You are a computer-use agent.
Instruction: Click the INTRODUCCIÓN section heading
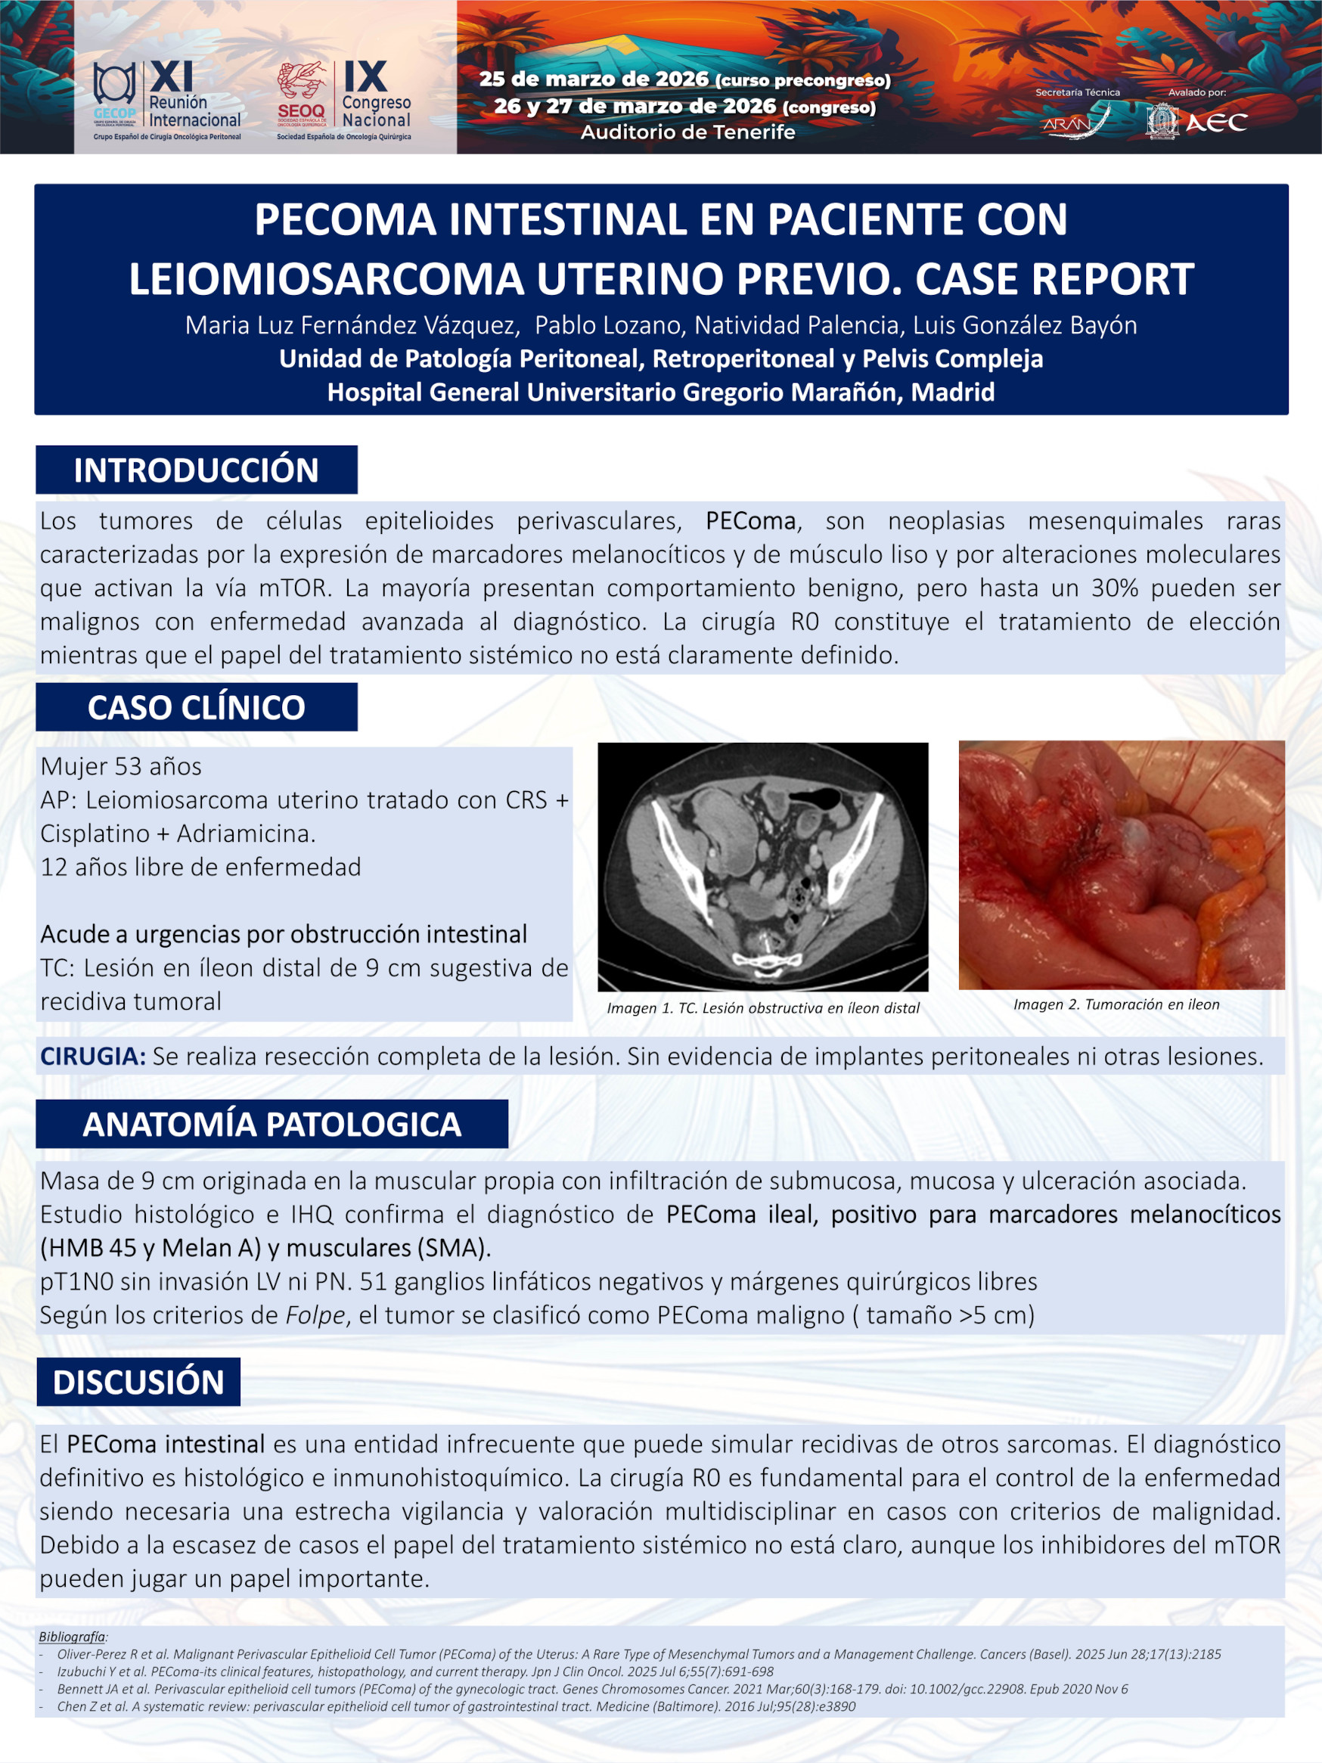pyautogui.click(x=196, y=470)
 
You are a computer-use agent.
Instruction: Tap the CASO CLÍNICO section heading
pyautogui.click(x=196, y=708)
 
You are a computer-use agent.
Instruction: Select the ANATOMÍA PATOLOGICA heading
pyautogui.click(x=272, y=1125)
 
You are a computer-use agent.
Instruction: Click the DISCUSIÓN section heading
pyautogui.click(x=138, y=1382)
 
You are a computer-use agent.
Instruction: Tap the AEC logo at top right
pyautogui.click(x=1198, y=122)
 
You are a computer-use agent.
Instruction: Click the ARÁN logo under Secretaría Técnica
pyautogui.click(x=1075, y=122)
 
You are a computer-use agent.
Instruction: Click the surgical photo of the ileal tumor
pyautogui.click(x=1121, y=864)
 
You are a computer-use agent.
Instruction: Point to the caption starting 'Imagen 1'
pyautogui.click(x=762, y=1008)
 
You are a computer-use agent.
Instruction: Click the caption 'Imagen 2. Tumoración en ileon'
pyautogui.click(x=1116, y=1004)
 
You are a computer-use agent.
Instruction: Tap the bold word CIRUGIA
pyautogui.click(x=92, y=1057)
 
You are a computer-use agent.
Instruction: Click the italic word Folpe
pyautogui.click(x=316, y=1315)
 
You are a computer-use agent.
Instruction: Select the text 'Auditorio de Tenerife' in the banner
pyautogui.click(x=687, y=132)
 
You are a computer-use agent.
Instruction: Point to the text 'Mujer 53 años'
pyautogui.click(x=121, y=767)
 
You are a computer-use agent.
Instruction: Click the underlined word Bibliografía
pyautogui.click(x=73, y=1636)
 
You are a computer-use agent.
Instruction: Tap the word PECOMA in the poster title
pyautogui.click(x=345, y=220)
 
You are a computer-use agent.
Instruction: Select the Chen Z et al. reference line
pyautogui.click(x=456, y=1706)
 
